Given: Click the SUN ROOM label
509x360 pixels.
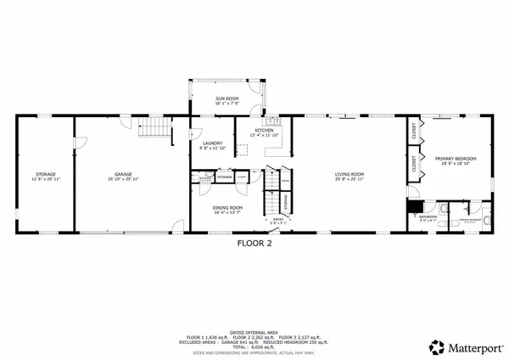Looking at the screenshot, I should pyautogui.click(x=227, y=98).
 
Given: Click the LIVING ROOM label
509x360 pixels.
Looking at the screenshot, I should pyautogui.click(x=350, y=174).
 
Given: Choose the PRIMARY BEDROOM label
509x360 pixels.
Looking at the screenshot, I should pyautogui.click(x=456, y=158).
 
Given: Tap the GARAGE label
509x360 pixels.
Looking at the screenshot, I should pyautogui.click(x=124, y=174).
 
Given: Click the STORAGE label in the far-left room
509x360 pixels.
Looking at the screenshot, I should pyautogui.click(x=45, y=174).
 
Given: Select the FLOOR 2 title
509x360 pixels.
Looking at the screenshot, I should pyautogui.click(x=254, y=241).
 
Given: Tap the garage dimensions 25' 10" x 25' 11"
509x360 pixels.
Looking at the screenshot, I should pyautogui.click(x=124, y=179).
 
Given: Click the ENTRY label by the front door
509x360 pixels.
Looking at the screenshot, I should pyautogui.click(x=277, y=219).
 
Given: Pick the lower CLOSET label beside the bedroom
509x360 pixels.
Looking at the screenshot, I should pyautogui.click(x=414, y=165).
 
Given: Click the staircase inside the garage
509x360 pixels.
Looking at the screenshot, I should pyautogui.click(x=152, y=128).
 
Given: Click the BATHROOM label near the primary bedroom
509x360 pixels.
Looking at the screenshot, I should pyautogui.click(x=428, y=216).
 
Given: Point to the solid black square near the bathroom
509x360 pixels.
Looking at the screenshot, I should pyautogui.click(x=414, y=205).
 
